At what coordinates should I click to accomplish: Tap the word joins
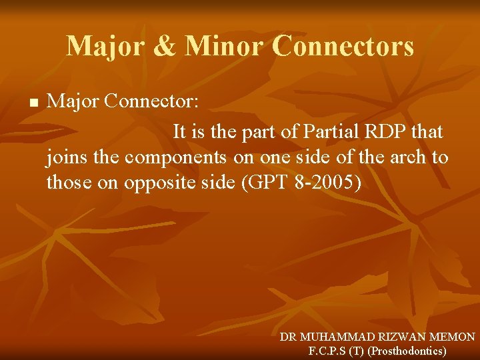tap(64, 158)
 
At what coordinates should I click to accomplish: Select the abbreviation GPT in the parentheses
tap(267, 183)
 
